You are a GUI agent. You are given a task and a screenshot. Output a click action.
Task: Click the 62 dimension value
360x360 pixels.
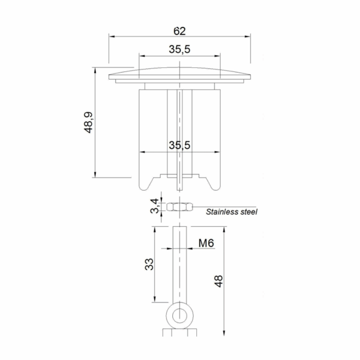(x=179, y=31)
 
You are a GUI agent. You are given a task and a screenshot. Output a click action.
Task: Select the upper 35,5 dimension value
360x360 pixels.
(x=179, y=49)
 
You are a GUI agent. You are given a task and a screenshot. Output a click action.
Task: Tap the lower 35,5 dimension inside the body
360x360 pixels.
(x=179, y=145)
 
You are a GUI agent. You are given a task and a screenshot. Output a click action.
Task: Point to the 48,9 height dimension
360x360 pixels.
(x=88, y=122)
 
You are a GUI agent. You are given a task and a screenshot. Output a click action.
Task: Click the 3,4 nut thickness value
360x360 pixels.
(x=155, y=206)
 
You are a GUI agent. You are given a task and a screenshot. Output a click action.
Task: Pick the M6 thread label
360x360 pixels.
(x=206, y=243)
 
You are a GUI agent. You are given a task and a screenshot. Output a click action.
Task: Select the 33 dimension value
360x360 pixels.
(x=149, y=264)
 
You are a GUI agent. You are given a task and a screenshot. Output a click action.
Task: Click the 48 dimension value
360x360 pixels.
(x=218, y=281)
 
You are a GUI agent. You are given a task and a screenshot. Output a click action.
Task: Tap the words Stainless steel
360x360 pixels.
(x=232, y=212)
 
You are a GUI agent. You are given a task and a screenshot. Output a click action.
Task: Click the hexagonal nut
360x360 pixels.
(x=179, y=207)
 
